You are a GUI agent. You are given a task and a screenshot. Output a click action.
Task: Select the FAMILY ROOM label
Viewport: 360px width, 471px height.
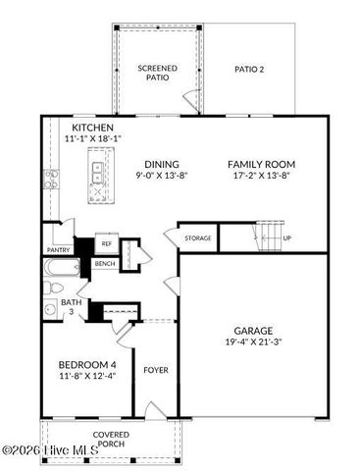(x=261, y=164)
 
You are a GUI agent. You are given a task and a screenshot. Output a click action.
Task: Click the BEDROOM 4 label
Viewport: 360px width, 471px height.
(x=86, y=364)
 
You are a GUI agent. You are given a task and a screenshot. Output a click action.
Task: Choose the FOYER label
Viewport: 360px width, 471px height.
(x=155, y=370)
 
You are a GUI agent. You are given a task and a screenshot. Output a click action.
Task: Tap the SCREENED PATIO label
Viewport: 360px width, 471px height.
(x=158, y=72)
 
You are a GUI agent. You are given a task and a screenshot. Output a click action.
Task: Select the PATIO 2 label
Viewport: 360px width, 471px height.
(x=249, y=70)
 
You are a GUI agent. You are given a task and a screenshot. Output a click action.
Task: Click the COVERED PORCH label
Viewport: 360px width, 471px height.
(x=111, y=438)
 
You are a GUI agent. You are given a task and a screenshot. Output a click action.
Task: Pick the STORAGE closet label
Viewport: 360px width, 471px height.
(x=197, y=237)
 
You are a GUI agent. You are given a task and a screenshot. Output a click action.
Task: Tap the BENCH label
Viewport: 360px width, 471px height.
(x=104, y=264)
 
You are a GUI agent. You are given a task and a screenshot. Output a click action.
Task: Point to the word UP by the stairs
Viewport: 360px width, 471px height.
(x=286, y=237)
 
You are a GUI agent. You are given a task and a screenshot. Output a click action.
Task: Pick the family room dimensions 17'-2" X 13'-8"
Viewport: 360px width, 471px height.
(x=261, y=177)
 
